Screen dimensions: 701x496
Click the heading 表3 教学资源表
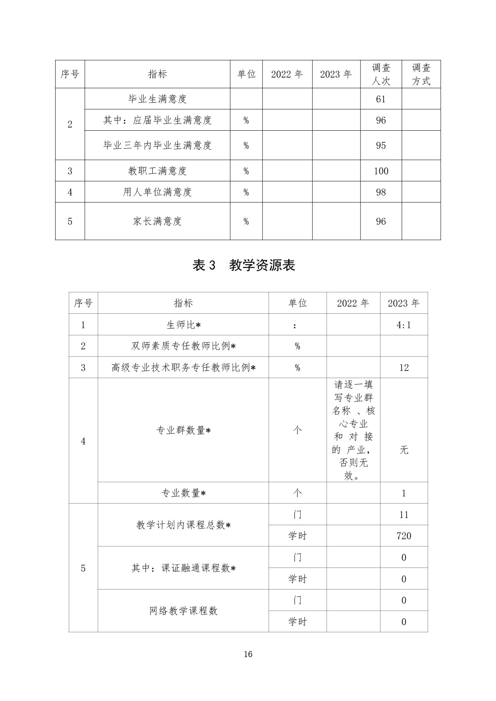(x=244, y=265)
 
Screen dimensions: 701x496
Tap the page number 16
(x=248, y=654)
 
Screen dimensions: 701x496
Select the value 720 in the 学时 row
(x=404, y=536)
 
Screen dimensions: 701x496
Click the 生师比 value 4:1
(x=404, y=325)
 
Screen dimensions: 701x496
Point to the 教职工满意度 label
(x=157, y=171)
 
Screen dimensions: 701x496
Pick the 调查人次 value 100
(x=381, y=171)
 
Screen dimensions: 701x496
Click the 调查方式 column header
(x=421, y=74)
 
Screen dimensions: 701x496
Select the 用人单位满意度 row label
(x=157, y=192)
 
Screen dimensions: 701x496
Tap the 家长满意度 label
(x=157, y=221)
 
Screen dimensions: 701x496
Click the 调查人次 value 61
(x=381, y=99)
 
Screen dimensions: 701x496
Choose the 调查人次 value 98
(x=381, y=192)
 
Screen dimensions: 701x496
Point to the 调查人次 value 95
(x=381, y=145)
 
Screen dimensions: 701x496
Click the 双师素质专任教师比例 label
(x=183, y=346)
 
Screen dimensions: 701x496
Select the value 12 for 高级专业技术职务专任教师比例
(x=404, y=368)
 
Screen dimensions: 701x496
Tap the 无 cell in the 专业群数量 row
(x=404, y=450)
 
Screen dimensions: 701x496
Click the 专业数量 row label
(x=183, y=493)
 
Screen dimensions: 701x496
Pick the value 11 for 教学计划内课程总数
(x=404, y=515)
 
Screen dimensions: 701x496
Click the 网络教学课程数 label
(x=183, y=611)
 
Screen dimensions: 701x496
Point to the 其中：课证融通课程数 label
(x=183, y=568)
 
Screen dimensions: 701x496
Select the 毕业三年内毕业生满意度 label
(x=157, y=145)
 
